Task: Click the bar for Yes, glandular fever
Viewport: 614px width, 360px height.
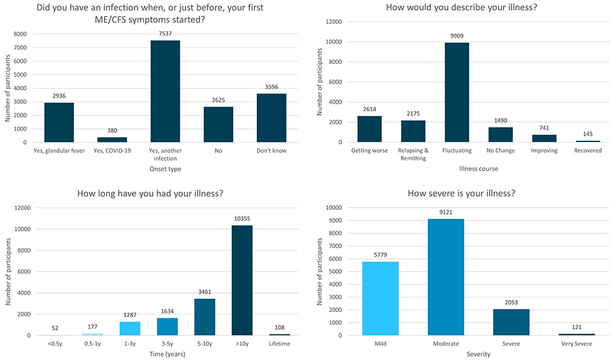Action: (x=59, y=122)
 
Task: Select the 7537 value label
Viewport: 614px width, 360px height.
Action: (x=165, y=34)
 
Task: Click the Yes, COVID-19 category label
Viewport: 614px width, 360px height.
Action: (x=112, y=151)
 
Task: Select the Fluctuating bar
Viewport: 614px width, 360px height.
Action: (x=457, y=92)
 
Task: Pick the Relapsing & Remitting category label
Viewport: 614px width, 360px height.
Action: (x=413, y=154)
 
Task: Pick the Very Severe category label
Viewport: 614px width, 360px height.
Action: (x=577, y=345)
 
